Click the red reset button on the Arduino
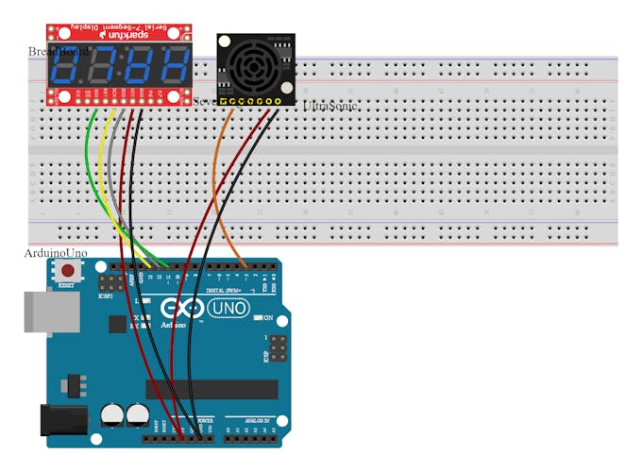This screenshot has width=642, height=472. (x=67, y=270)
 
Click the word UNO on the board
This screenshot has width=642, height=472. (x=227, y=309)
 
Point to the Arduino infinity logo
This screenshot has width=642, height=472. (x=179, y=309)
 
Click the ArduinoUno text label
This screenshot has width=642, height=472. (x=55, y=253)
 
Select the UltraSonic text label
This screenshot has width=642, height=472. (x=330, y=107)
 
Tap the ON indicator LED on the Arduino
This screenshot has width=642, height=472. (x=258, y=317)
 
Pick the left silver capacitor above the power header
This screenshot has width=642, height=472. (x=111, y=414)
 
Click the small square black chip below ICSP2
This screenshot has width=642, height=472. (x=116, y=324)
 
